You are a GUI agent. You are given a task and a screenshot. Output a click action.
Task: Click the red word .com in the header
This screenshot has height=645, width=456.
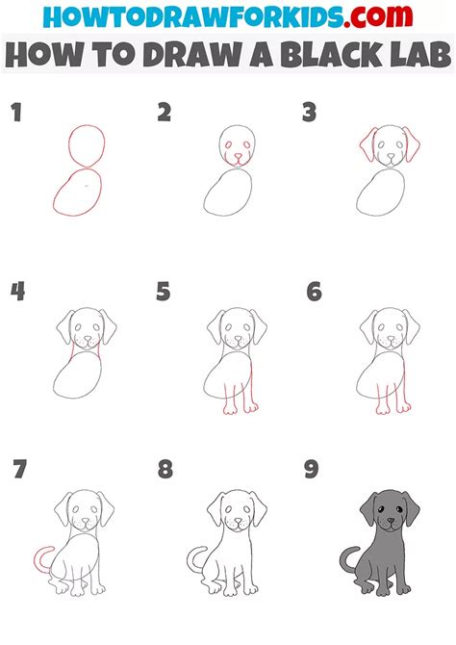378,16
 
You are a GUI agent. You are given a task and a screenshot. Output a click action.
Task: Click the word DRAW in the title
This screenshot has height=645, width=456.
192,54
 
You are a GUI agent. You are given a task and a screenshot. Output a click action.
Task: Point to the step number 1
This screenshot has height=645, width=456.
16,113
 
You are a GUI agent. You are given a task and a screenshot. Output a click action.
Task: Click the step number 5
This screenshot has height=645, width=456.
164,292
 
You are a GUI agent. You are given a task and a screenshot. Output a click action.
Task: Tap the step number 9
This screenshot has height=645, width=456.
312,469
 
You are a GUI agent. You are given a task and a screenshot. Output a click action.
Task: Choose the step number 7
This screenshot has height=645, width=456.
20,469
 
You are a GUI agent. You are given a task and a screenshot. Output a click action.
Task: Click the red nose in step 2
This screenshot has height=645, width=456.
238,156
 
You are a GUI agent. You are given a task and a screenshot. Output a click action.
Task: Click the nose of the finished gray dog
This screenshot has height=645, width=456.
391,521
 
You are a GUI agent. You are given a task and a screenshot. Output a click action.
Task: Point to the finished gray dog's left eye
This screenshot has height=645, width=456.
381,509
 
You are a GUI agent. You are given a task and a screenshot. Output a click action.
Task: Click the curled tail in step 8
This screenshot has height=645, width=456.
190,559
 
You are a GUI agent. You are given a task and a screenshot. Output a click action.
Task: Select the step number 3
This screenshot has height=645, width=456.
309,113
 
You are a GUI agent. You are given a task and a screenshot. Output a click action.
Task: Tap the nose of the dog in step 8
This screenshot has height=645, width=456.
238,521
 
